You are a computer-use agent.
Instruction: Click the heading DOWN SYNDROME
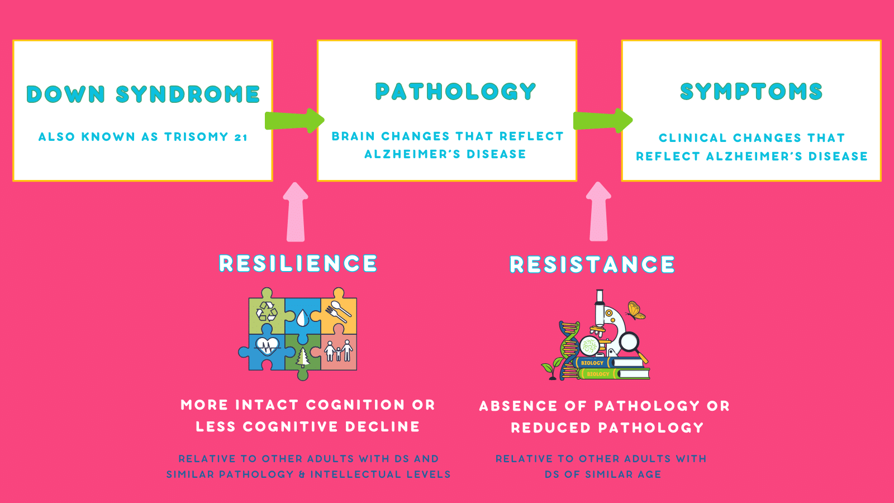pos(143,94)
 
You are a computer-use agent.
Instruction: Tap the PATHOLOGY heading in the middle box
pos(455,92)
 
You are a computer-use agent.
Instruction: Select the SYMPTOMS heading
pos(751,92)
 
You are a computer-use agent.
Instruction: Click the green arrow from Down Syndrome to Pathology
pos(294,120)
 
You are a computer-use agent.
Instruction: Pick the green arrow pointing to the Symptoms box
pos(603,120)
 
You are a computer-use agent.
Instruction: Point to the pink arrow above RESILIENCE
pos(296,212)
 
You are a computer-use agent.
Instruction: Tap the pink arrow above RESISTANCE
pos(598,212)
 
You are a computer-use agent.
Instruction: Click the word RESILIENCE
pos(298,263)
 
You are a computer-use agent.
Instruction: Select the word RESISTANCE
pos(592,264)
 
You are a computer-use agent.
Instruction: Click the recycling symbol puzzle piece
pos(267,311)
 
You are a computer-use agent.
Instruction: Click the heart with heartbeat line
pos(267,346)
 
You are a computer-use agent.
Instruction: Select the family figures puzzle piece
pos(339,352)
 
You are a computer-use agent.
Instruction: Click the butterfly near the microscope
pos(636,310)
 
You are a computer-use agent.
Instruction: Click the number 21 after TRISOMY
pos(241,137)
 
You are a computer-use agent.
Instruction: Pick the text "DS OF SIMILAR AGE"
pos(603,474)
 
